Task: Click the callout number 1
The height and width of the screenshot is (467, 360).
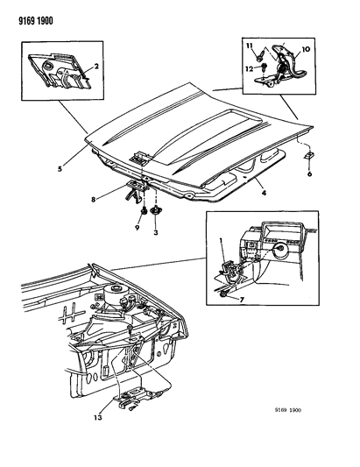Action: pos(221,240)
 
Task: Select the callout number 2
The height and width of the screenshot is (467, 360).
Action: pos(96,66)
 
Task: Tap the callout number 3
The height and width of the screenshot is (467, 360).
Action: pos(156,232)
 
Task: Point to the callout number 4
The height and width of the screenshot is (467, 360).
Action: pos(264,193)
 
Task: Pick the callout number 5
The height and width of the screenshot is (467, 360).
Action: pos(60,169)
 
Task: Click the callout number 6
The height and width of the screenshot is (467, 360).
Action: pos(310,173)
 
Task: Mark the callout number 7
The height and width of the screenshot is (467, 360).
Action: pos(242,299)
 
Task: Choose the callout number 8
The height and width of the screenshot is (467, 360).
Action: pos(94,200)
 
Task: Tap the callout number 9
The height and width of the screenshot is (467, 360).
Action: pos(138,228)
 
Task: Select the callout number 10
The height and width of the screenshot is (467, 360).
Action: pos(306,49)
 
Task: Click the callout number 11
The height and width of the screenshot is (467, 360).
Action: pos(250,46)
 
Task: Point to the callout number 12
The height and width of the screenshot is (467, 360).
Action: pos(250,69)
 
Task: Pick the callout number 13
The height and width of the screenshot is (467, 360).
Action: pos(98,418)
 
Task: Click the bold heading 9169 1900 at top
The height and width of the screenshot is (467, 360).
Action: pos(36,21)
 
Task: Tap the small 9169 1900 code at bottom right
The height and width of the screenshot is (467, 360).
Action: pos(287,410)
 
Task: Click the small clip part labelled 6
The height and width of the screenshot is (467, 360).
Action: pos(308,156)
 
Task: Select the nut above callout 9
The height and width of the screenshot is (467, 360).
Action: pos(144,211)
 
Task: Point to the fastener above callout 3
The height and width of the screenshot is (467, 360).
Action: pos(155,211)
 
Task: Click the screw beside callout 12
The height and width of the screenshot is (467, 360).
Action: pos(265,67)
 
